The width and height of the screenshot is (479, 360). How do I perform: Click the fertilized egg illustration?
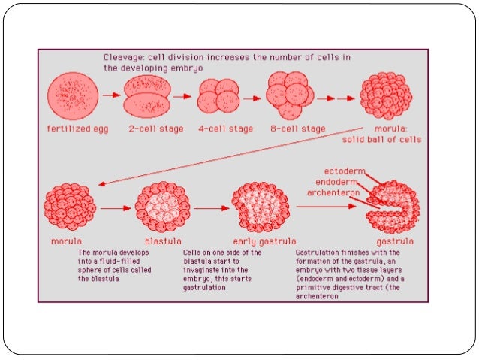coord(74,97)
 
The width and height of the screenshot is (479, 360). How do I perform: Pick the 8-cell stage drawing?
coord(290,96)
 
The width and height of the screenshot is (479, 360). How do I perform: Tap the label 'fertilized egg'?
coord(77,129)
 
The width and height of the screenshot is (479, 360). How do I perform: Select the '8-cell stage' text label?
coord(297,129)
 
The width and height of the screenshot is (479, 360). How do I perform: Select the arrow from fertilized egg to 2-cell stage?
coord(111,95)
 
